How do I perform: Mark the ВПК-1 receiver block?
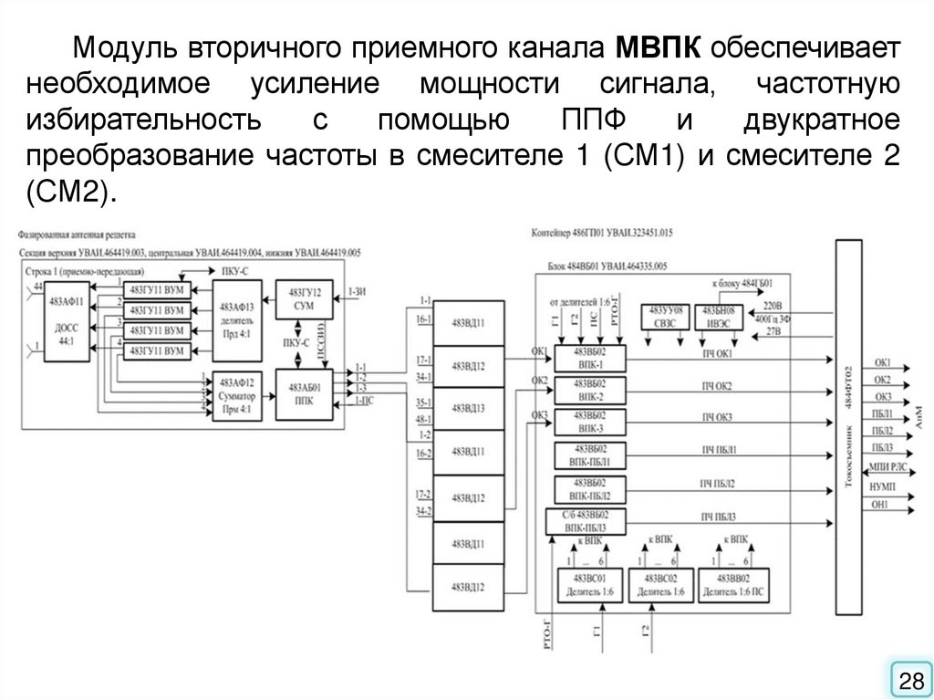coord(590,358)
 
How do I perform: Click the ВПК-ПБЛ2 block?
coord(590,488)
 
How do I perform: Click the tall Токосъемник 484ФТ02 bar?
coord(848,425)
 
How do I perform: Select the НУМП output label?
coord(881,486)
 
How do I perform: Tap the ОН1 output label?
coord(880,503)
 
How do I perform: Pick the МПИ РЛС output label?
coord(887,466)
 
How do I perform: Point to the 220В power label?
coord(773,305)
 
